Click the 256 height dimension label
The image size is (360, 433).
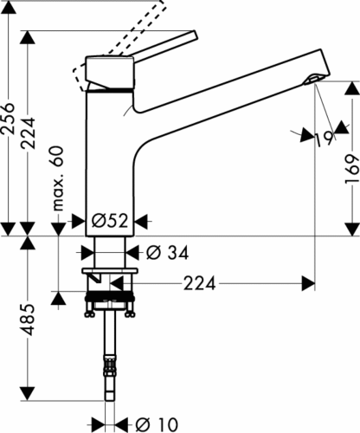tap(8, 118)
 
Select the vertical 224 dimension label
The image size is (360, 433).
tap(29, 133)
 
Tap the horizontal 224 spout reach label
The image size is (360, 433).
tap(200, 283)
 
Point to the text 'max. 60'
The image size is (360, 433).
tap(58, 178)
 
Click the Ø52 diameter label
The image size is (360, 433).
tap(110, 221)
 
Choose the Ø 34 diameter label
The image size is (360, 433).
tap(167, 253)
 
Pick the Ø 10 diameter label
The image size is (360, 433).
tap(157, 424)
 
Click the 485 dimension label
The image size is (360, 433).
tap(29, 320)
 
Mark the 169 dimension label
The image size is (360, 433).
tap(352, 170)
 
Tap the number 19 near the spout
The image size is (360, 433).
tap(324, 139)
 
